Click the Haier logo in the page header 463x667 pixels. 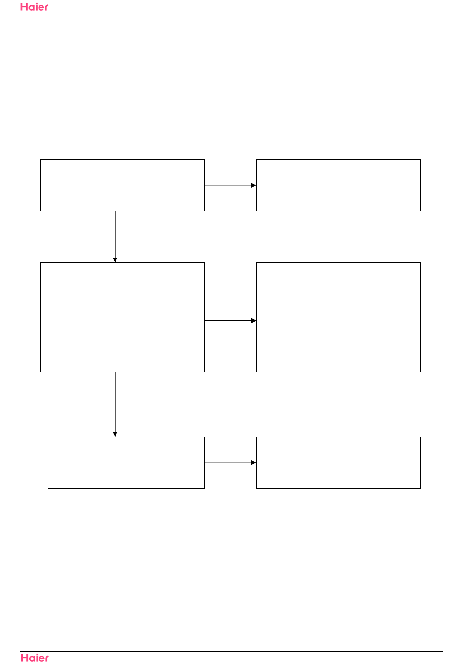[x=34, y=7]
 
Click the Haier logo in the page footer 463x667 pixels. [x=35, y=658]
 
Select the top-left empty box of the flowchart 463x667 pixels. [x=122, y=185]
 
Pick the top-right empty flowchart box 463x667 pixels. [x=338, y=185]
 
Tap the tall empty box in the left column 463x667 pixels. [x=122, y=317]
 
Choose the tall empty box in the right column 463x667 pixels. [x=338, y=317]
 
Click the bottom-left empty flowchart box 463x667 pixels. [x=126, y=463]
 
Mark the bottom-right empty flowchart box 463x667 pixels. [x=338, y=463]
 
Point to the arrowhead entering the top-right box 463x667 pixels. [x=254, y=185]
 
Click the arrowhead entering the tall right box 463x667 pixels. [x=254, y=321]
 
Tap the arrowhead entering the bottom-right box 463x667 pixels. [x=254, y=463]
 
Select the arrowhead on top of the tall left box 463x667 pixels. [x=115, y=260]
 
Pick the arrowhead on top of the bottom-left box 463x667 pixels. [x=115, y=434]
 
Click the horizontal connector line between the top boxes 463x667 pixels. [x=228, y=185]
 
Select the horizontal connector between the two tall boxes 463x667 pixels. [x=228, y=321]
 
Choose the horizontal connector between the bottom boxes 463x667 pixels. [x=228, y=463]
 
